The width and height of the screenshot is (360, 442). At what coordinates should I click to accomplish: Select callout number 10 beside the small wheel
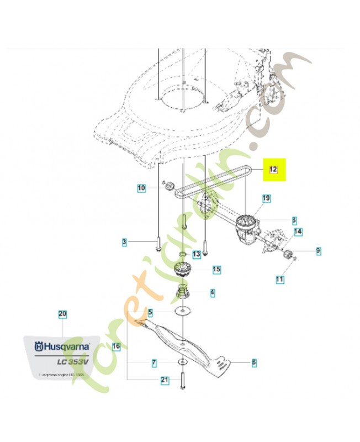(141, 188)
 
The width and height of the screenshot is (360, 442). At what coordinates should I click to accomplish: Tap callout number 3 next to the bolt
(125, 242)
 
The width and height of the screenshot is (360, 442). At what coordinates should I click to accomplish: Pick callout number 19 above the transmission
(266, 198)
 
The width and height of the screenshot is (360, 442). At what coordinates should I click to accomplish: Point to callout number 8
(294, 219)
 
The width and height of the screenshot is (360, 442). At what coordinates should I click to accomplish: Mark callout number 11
(279, 280)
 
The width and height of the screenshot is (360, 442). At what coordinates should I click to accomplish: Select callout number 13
(197, 254)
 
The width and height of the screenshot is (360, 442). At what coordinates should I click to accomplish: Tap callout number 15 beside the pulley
(216, 270)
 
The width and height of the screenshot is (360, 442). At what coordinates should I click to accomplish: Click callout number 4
(213, 292)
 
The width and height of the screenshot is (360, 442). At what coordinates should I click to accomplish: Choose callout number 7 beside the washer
(155, 363)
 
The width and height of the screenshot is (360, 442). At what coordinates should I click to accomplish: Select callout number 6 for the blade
(254, 362)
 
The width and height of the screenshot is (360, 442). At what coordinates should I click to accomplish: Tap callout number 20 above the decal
(62, 315)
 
